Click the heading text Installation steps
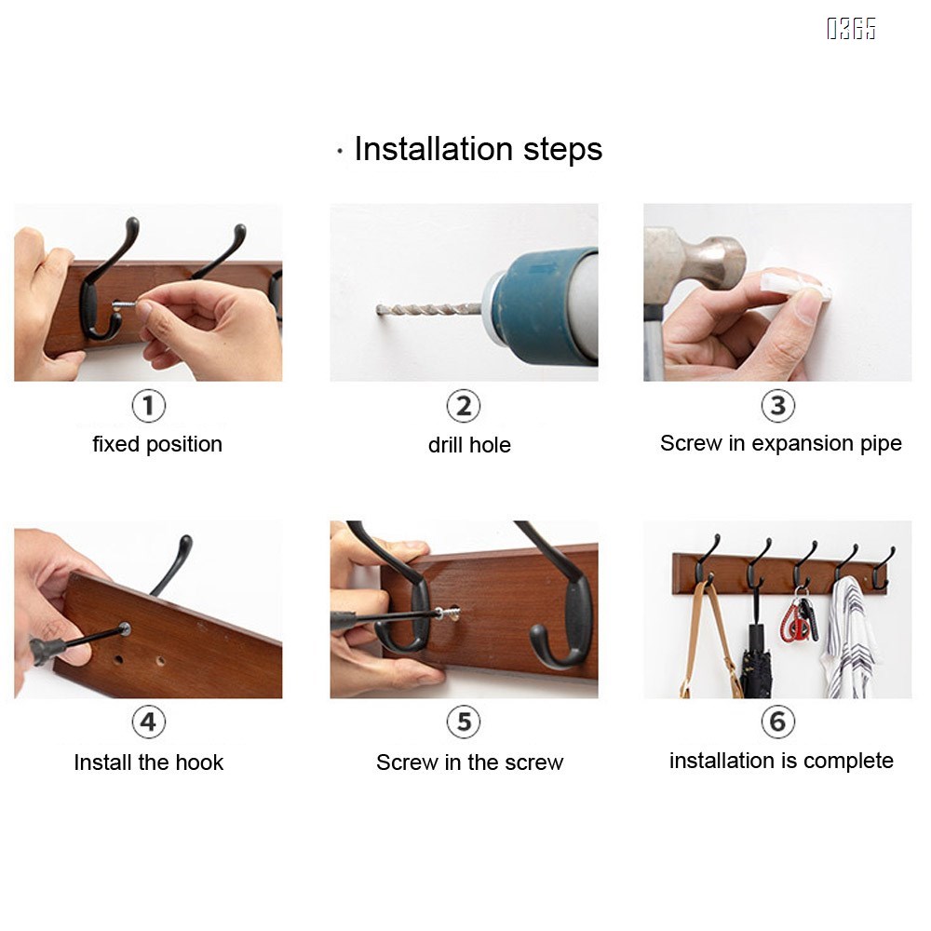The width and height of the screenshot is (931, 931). click(x=478, y=149)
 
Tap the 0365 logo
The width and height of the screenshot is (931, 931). click(x=851, y=29)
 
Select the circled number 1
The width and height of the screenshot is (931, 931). click(x=148, y=406)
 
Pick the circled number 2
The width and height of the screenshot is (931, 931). click(x=463, y=406)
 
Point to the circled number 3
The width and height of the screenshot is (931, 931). click(x=777, y=406)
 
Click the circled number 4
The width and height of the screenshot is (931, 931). click(x=148, y=722)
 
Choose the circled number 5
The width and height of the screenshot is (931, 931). click(x=463, y=722)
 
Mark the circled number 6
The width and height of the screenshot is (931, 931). click(x=777, y=722)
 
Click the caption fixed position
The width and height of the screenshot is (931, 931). click(x=157, y=444)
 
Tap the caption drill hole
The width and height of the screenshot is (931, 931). click(x=469, y=445)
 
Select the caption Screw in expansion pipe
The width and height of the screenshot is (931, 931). click(x=781, y=443)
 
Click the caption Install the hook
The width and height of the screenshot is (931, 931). click(x=148, y=762)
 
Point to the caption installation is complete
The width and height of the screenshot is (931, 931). click(x=781, y=761)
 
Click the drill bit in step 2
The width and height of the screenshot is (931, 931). click(x=428, y=309)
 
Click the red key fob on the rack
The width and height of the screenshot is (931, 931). click(x=796, y=620)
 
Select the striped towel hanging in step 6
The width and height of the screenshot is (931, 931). click(x=850, y=639)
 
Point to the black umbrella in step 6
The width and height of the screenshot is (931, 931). click(x=756, y=659)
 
